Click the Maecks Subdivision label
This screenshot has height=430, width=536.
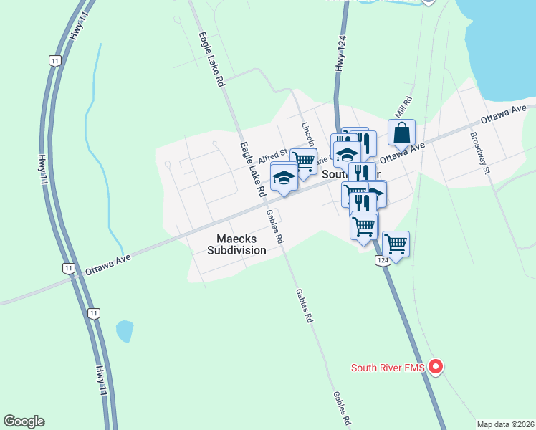pos(236,244)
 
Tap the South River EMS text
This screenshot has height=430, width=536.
pos(388,368)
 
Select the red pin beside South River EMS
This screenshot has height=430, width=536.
pos(435,367)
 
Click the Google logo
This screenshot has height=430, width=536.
pos(24,421)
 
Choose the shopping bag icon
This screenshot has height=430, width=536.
pos(402,133)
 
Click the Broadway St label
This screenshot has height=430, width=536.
pos(479,153)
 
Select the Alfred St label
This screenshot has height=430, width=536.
pos(273,153)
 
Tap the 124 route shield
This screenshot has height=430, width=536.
pos(383,262)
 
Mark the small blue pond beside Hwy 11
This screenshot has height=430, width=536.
pos(124,331)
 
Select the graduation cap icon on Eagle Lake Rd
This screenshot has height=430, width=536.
pos(284,177)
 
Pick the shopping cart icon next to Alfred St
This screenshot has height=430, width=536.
pos(304,161)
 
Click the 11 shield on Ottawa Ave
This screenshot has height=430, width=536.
pos(68,268)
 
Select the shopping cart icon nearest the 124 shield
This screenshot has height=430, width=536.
pos(396,244)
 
